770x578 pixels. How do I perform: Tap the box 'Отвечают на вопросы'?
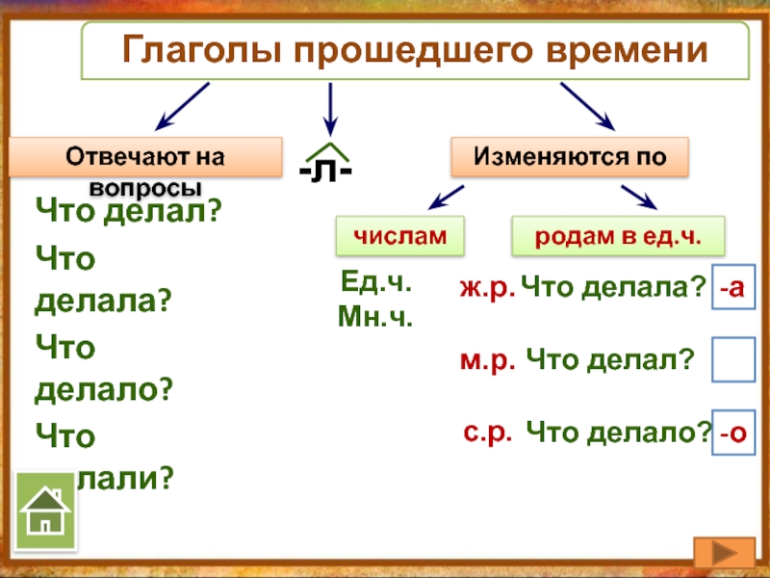(x=145, y=157)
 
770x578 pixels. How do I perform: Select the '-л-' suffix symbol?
(x=325, y=168)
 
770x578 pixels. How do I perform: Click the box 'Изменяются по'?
(x=570, y=156)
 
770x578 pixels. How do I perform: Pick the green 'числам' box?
(x=399, y=235)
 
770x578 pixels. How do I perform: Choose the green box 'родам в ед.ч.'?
(x=617, y=235)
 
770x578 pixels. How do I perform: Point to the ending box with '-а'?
(x=733, y=287)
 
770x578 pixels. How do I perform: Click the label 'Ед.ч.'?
(x=376, y=283)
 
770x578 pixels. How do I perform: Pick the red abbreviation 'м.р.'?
(x=489, y=360)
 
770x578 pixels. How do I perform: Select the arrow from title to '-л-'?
(x=331, y=108)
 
